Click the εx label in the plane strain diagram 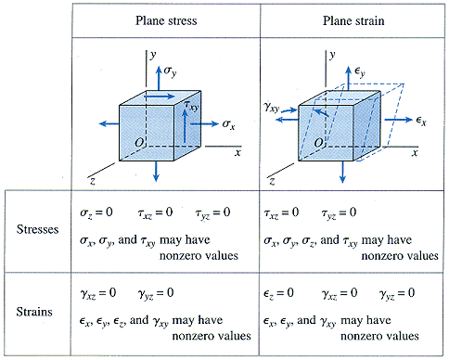(x=420, y=122)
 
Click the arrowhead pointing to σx (x=217, y=122)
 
